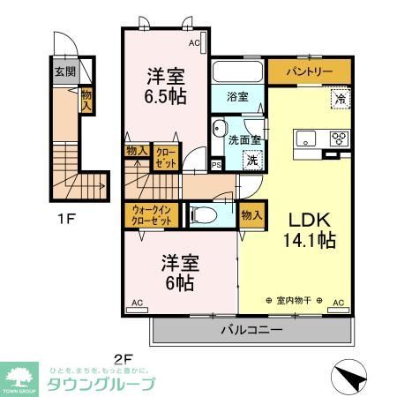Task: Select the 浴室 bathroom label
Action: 236,95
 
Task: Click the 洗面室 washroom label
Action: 237,139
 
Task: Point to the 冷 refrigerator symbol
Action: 339,100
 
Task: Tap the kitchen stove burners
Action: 338,139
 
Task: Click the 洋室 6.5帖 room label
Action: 165,85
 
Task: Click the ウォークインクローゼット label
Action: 149,215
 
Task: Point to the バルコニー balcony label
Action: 251,331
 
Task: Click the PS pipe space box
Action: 216,163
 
